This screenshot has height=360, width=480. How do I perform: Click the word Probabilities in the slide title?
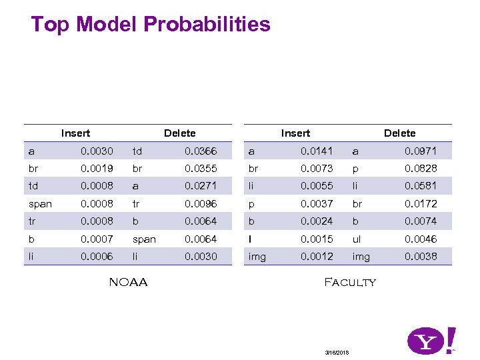(x=207, y=25)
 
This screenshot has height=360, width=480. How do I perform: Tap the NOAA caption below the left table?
(x=128, y=282)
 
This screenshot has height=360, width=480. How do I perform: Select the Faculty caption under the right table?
(x=349, y=282)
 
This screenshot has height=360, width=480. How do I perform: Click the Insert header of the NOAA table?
(x=75, y=133)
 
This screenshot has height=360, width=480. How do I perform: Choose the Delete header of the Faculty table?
(x=399, y=133)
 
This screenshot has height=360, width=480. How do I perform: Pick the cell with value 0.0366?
(x=201, y=151)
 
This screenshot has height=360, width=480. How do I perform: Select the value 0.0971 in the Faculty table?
(x=421, y=151)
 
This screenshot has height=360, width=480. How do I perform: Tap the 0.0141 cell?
(x=317, y=151)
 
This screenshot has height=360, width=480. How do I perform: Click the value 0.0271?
(x=201, y=186)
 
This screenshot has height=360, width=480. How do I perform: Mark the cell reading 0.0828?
(x=421, y=169)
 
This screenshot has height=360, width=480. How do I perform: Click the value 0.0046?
(x=421, y=239)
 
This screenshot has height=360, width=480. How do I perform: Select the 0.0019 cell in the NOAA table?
(x=97, y=169)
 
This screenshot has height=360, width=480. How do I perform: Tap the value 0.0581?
(x=421, y=186)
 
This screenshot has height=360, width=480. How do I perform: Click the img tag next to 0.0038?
(x=361, y=256)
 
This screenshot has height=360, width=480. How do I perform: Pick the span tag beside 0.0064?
(x=144, y=239)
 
